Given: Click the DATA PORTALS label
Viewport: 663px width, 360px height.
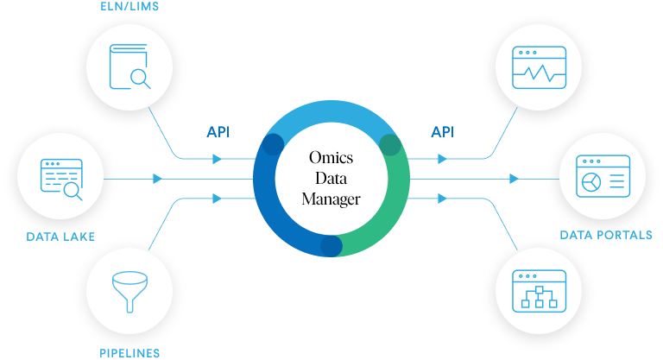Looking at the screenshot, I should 605,235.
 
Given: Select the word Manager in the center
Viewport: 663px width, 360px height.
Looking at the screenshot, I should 331,199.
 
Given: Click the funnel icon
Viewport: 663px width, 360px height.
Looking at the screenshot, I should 129,294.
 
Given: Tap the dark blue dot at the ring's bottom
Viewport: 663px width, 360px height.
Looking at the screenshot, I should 331,246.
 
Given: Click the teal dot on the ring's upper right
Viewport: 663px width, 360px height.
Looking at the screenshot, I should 390,145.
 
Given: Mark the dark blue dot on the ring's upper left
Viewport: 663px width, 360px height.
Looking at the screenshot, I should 273,144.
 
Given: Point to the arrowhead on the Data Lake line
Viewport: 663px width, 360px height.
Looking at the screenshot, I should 157,179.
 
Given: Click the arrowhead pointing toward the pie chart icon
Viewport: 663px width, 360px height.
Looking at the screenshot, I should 515,179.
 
